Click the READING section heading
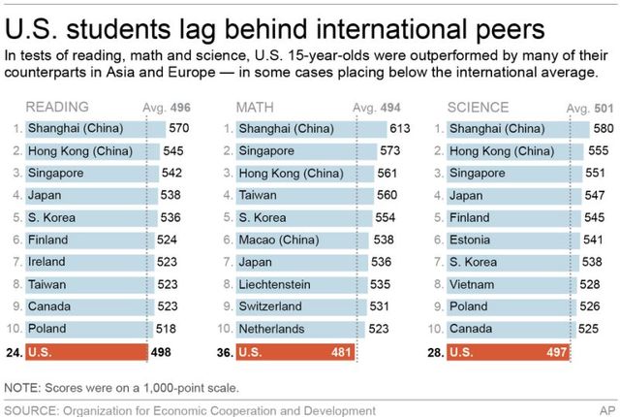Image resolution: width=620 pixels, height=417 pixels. (x=57, y=106)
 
